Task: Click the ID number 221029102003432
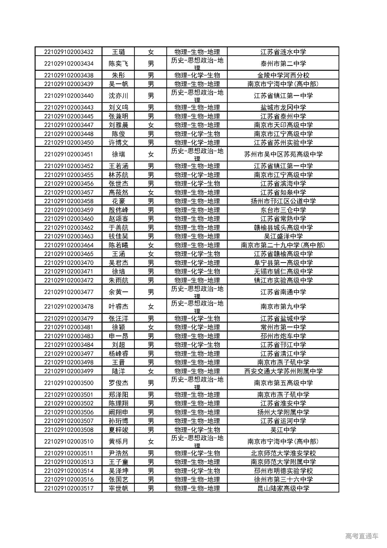69,52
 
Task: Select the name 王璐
119,52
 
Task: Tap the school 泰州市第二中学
283,64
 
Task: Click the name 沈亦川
119,96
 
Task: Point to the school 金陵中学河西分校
283,75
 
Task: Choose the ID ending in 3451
69,154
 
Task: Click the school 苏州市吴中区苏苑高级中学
283,154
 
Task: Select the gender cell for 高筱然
151,192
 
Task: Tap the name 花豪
119,201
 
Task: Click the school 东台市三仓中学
283,210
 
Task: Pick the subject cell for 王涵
197,254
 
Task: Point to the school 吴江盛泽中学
283,236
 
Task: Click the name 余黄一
119,292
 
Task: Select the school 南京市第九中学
283,307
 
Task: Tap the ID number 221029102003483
69,336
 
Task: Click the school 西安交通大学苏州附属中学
283,371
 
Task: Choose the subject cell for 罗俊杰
197,383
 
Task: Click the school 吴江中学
283,430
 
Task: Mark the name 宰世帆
119,488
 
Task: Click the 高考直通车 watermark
361,536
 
